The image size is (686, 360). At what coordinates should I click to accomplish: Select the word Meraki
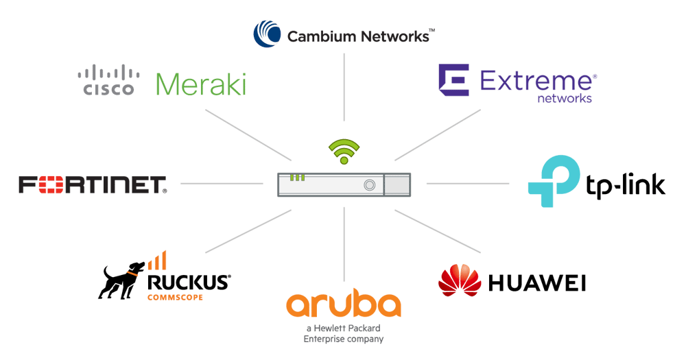pyautogui.click(x=200, y=84)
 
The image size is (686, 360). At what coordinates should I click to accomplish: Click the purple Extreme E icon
pyautogui.click(x=453, y=81)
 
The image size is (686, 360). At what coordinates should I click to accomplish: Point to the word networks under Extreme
pyautogui.click(x=564, y=99)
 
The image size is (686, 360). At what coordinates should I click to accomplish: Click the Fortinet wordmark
pyautogui.click(x=93, y=184)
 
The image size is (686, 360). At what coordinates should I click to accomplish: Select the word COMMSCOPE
pyautogui.click(x=175, y=297)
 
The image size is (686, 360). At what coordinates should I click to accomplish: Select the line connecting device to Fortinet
pyautogui.click(x=222, y=183)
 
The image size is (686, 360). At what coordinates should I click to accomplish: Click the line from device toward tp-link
pyautogui.click(x=467, y=183)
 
